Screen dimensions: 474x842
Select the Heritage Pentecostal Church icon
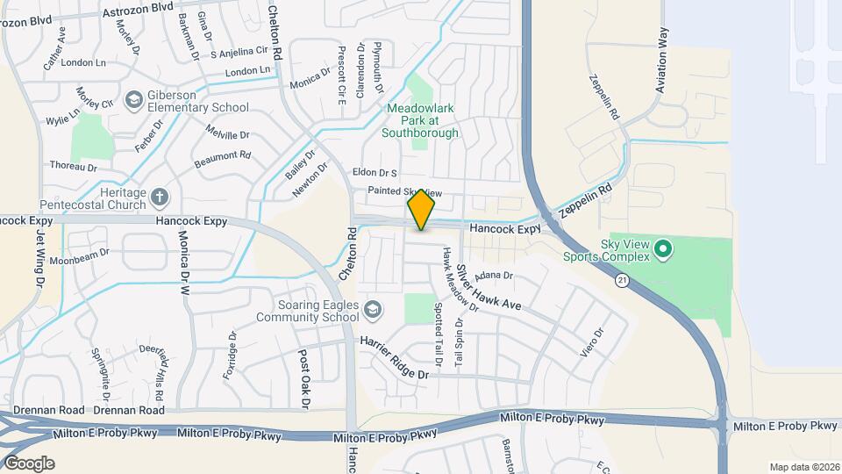[x=159, y=197]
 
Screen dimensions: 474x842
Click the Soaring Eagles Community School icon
[x=374, y=309]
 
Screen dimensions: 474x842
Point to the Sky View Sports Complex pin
[x=664, y=250]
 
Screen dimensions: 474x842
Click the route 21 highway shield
[x=622, y=280]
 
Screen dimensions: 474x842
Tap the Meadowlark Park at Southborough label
[x=420, y=121]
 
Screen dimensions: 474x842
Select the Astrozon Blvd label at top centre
[x=138, y=7]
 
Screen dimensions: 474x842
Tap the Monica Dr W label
[x=184, y=262]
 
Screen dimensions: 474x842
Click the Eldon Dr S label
[x=375, y=173]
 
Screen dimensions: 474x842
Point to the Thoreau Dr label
[x=73, y=165]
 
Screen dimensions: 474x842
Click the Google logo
[x=28, y=463]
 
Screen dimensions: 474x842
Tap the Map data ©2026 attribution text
[x=803, y=467]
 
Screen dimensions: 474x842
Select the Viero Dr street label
[x=592, y=343]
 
